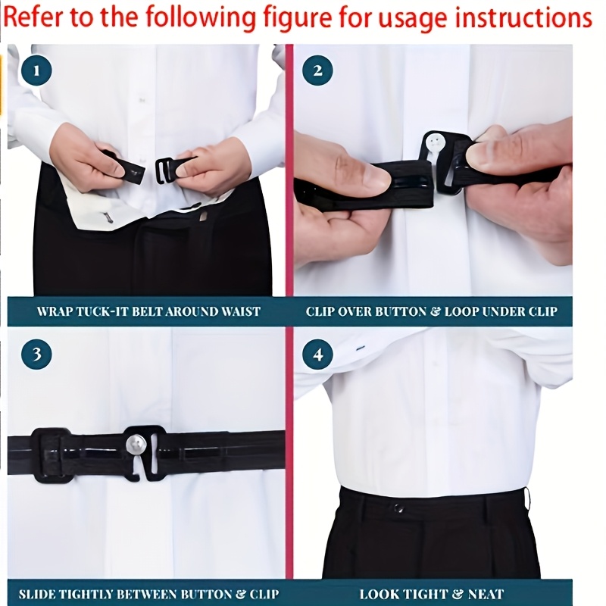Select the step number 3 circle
pos(37,354)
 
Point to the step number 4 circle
pos(317,354)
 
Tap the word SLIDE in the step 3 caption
pos(37,595)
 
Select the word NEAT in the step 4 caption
pos(486,595)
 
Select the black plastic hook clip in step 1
pos(167,169)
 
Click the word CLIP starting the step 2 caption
pos(321,311)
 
